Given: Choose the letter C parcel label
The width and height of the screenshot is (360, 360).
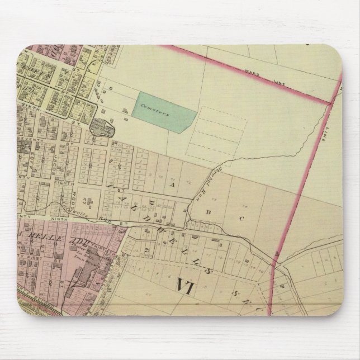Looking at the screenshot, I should click(x=241, y=219).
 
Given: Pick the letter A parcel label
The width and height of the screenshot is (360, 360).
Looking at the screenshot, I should click(x=174, y=184).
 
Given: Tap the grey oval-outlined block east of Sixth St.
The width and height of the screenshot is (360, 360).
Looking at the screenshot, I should click(x=102, y=129).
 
